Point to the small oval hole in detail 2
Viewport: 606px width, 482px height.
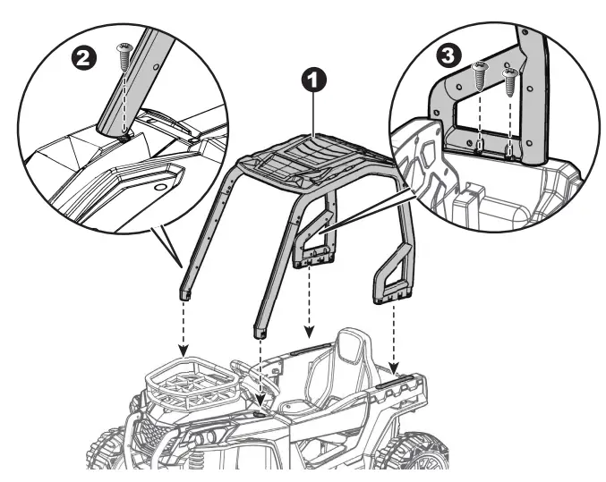[162, 189]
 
